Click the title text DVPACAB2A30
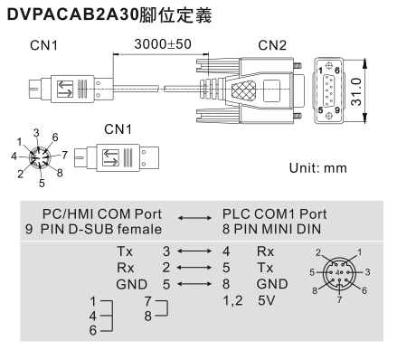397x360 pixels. tap(72, 14)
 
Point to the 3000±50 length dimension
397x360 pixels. tap(163, 44)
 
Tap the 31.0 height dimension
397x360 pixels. tap(356, 91)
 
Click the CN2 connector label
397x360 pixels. tap(272, 45)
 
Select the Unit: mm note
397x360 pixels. tap(318, 168)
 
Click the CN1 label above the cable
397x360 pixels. tap(43, 45)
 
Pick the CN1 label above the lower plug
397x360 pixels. tap(118, 129)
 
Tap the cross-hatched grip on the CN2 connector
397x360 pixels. tap(243, 90)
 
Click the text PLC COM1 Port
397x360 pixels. tap(274, 214)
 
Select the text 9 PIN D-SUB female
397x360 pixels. tap(93, 230)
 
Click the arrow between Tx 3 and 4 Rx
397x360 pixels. tap(194, 251)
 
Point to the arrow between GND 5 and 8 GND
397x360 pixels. tap(194, 284)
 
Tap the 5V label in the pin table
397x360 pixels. tap(267, 300)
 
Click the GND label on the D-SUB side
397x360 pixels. tap(132, 284)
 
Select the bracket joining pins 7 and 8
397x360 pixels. tap(163, 308)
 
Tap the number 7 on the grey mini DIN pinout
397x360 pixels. tap(340, 299)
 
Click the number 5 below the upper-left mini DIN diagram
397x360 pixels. tap(42, 183)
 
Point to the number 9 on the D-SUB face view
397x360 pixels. tap(337, 110)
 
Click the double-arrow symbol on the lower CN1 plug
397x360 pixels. tap(110, 157)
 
